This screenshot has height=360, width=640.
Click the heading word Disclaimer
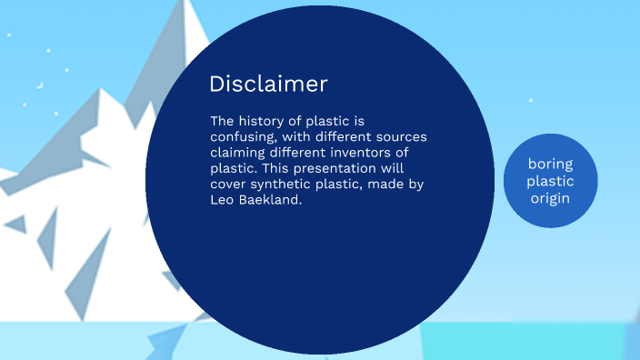coord(268,85)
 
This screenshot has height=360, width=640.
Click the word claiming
coord(239,153)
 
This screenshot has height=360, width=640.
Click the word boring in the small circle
coord(550,164)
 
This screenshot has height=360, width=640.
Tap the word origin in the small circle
coord(550,196)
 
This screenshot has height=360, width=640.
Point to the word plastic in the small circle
coord(550,180)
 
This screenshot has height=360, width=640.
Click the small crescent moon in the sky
coord(39,85)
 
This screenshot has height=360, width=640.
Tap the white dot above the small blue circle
coord(531,100)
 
